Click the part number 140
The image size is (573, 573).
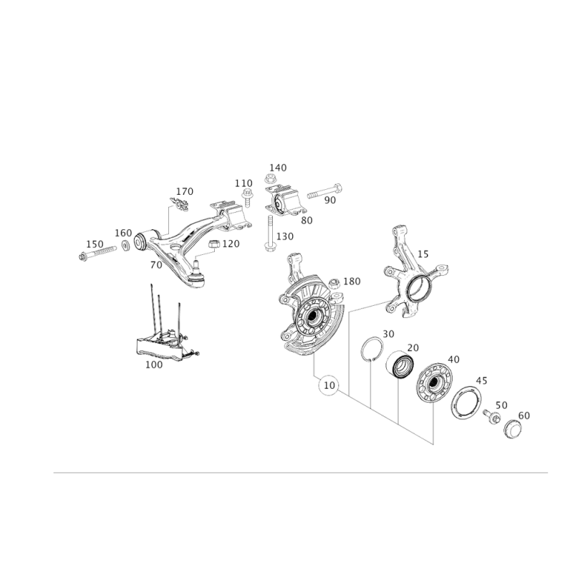279,167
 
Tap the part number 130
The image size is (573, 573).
285,236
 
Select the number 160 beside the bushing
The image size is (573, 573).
123,233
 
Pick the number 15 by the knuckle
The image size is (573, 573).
423,253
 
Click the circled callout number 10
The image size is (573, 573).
329,386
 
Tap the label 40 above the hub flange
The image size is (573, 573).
453,360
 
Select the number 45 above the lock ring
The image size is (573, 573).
481,383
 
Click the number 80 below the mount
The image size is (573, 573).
307,221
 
